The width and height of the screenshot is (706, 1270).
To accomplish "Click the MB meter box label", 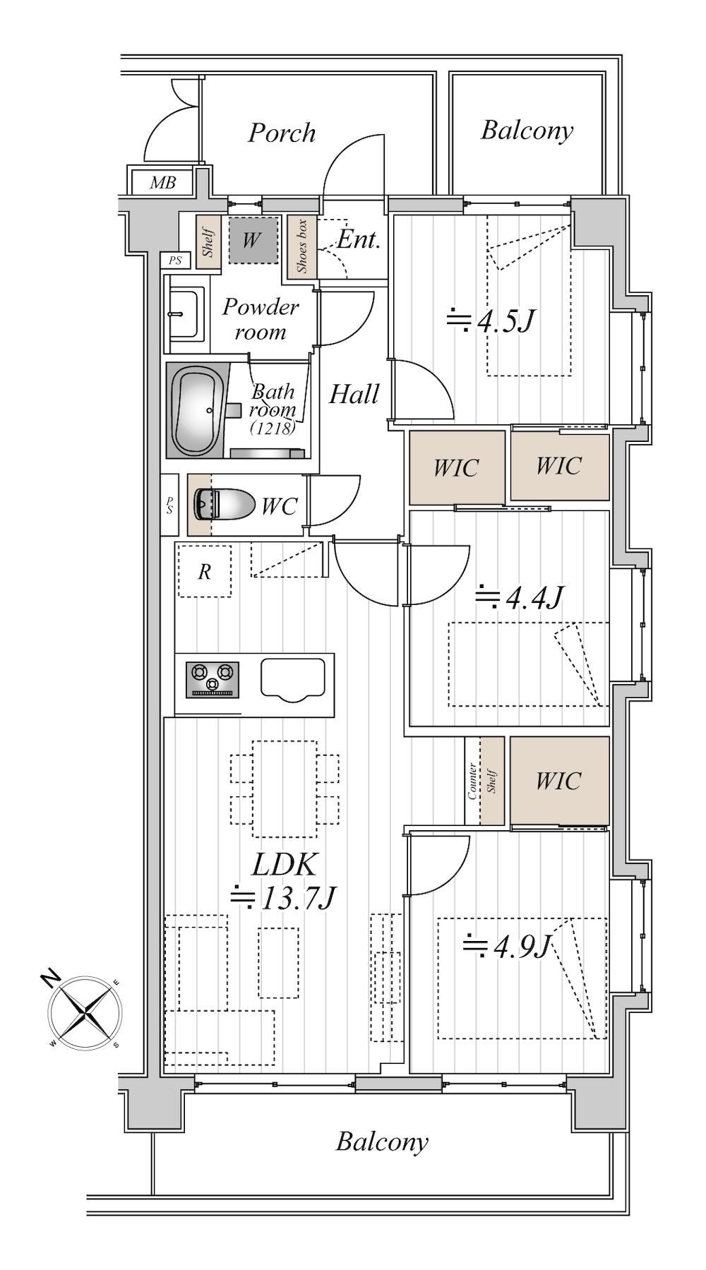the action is point(162,183).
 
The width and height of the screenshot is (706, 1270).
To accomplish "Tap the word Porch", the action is point(281,133).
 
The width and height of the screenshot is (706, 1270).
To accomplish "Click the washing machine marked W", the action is point(252,240).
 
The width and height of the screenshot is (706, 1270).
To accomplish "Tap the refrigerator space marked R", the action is point(204,571).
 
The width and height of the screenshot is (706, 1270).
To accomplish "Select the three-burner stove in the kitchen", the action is point(213,678).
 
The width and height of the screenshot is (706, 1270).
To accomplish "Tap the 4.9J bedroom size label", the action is point(506,946).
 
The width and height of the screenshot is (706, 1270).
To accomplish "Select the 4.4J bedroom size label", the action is point(519,597).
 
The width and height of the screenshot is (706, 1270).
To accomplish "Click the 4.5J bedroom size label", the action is point(490,322).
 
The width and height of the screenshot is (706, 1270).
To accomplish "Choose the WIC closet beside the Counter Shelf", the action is point(559,780).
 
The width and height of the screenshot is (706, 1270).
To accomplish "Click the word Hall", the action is point(354,394).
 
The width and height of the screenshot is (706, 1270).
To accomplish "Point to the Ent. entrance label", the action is point(359,239).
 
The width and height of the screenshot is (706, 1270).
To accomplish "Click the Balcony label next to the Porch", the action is point(527,131).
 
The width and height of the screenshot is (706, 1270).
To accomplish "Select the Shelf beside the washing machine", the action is point(209,241).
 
